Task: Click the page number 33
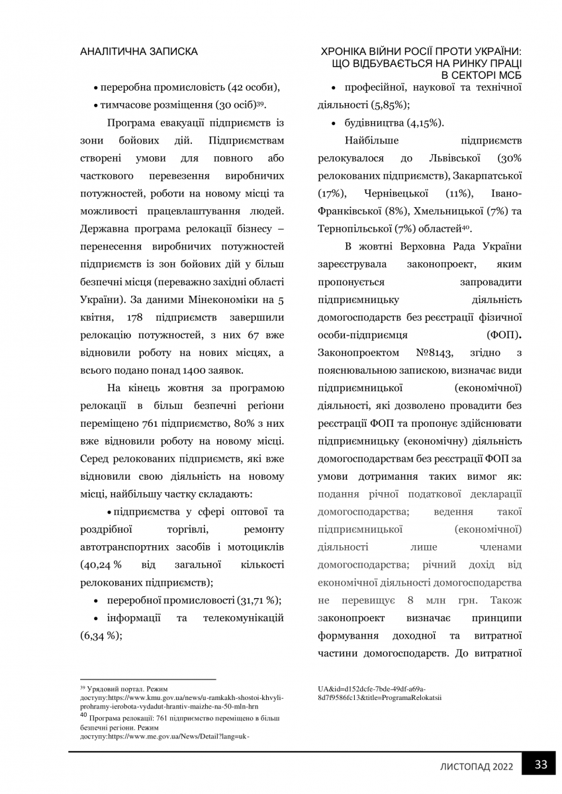pyautogui.click(x=541, y=764)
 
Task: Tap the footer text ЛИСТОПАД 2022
pyautogui.click(x=477, y=766)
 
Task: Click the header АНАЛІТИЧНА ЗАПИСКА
pyautogui.click(x=138, y=51)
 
